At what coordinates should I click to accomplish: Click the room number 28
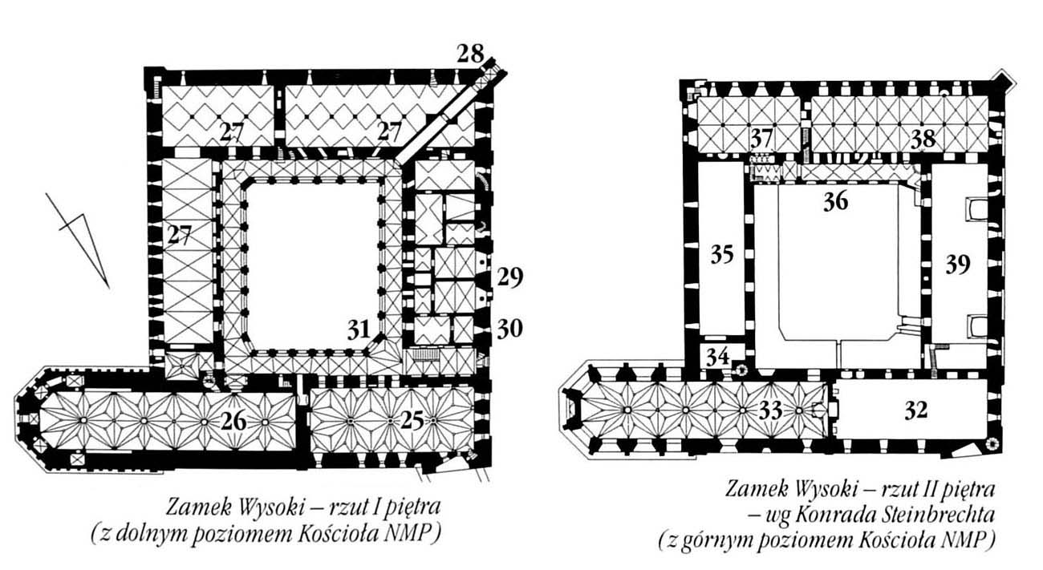point(470,54)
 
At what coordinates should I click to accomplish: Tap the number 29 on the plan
point(509,277)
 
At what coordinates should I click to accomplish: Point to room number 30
point(509,329)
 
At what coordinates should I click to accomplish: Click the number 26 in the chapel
point(233,422)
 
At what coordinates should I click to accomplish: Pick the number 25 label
point(412,421)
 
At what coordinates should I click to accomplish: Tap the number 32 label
point(916,410)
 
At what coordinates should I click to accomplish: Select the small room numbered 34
point(718,357)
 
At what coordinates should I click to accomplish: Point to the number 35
point(722,254)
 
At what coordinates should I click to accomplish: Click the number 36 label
point(836,202)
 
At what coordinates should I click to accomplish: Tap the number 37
point(762,138)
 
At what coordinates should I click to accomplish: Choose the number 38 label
point(923,139)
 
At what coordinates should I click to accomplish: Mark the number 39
point(958,265)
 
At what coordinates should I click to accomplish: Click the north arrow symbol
point(77,241)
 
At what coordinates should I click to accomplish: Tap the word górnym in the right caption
point(717,540)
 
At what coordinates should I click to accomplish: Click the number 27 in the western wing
point(180,234)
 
